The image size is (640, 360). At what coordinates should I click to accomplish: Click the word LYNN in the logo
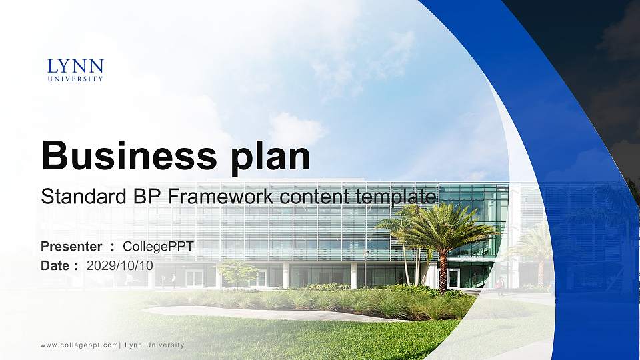click(75, 66)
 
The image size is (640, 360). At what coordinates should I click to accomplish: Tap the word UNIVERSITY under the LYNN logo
click(75, 79)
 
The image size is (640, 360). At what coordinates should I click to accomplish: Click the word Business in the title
click(124, 157)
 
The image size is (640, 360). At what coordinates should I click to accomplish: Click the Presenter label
click(71, 247)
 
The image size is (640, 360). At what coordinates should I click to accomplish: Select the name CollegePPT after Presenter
click(158, 247)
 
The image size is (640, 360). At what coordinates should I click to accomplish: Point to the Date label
click(55, 265)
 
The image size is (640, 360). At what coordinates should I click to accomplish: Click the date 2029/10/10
click(120, 265)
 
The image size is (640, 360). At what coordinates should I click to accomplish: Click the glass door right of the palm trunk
click(454, 278)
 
